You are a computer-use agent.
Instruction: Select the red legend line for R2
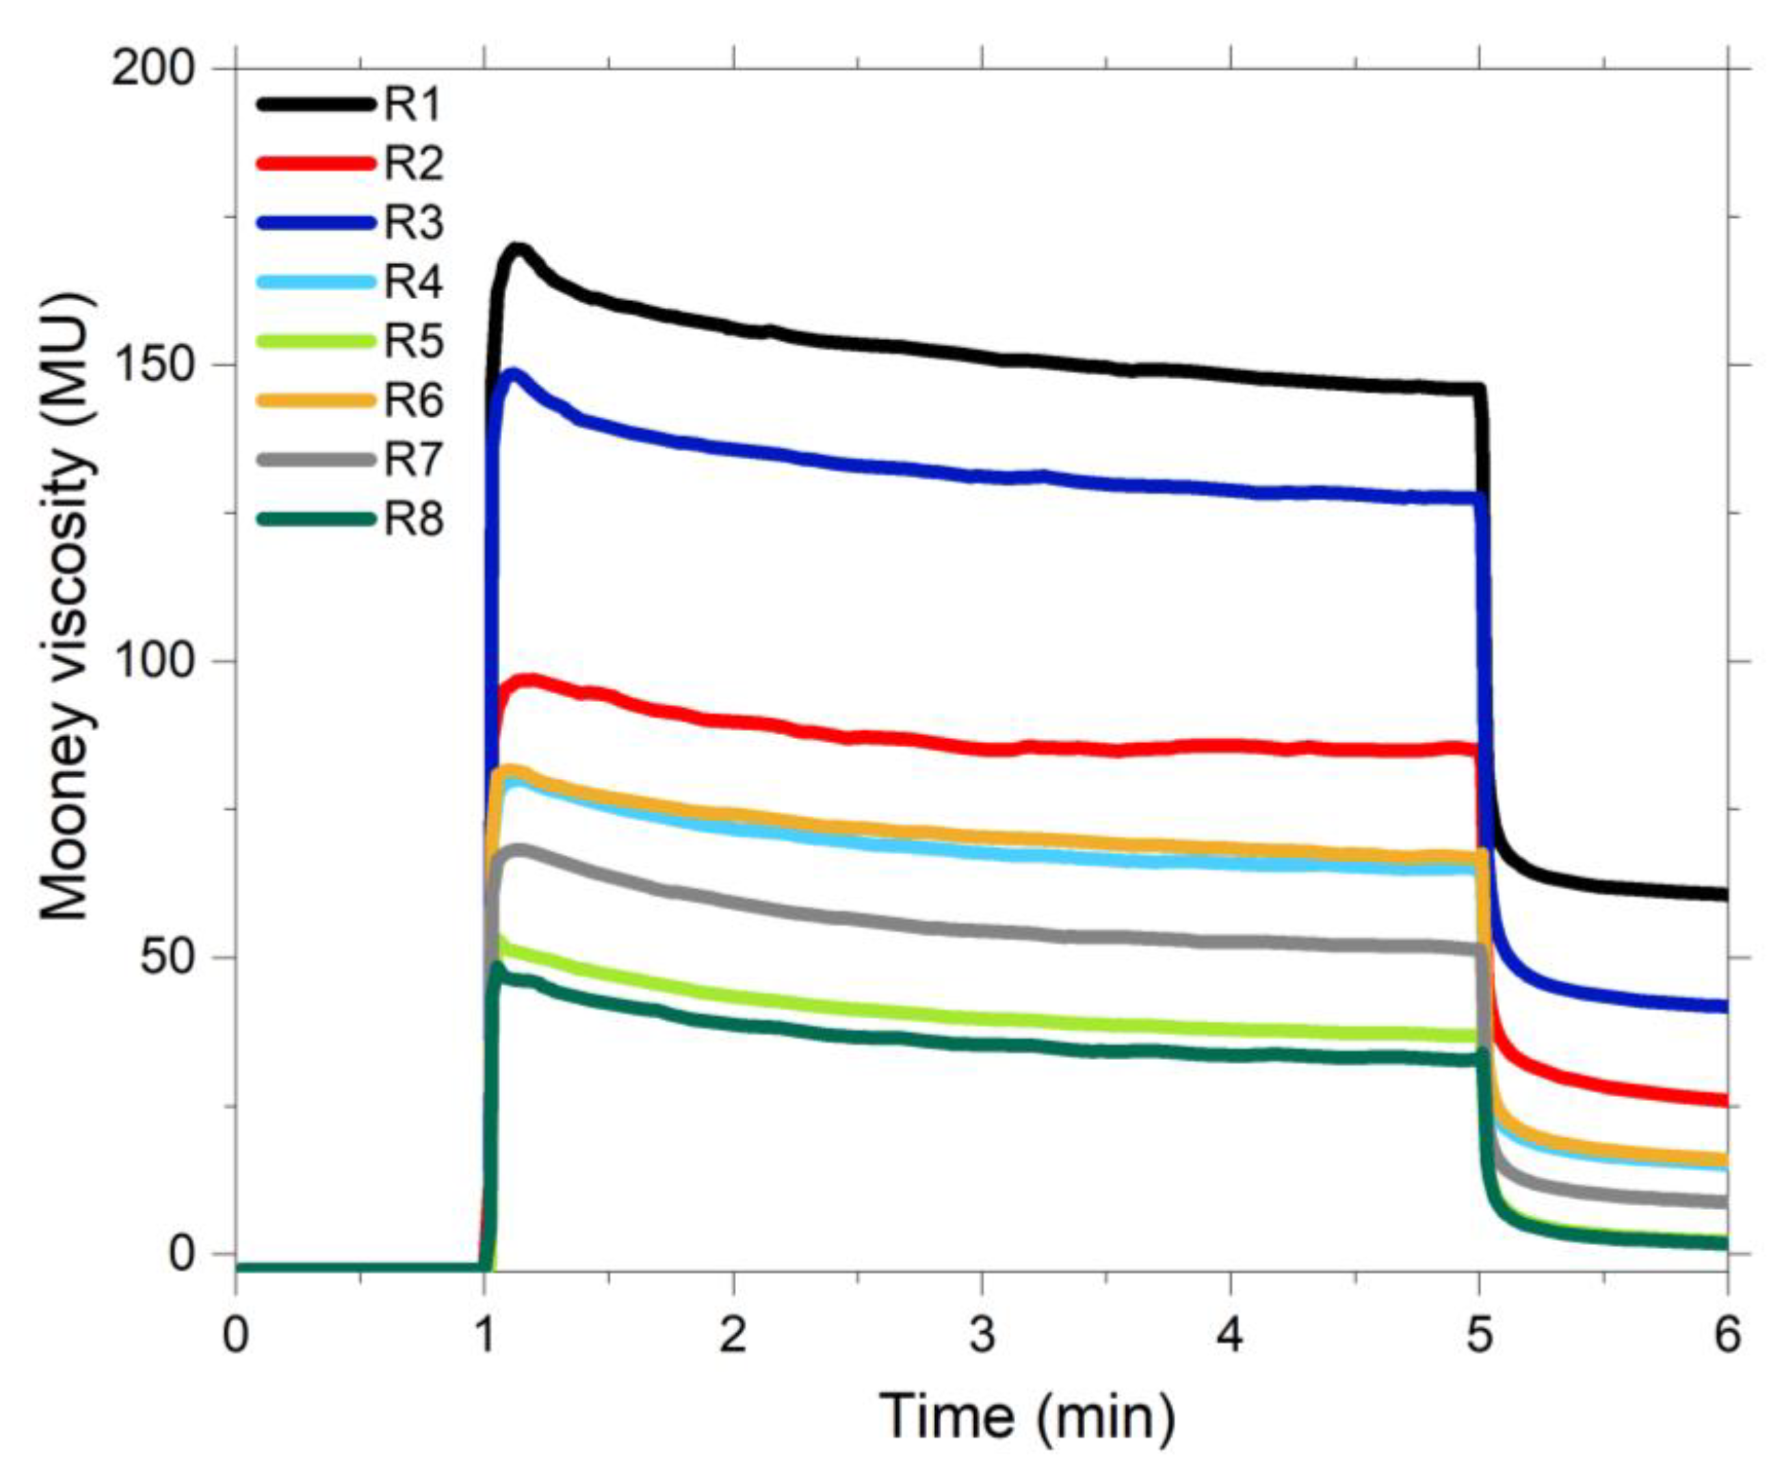pos(315,164)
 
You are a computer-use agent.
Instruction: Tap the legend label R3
pos(413,222)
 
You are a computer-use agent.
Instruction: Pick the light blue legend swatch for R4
pos(315,282)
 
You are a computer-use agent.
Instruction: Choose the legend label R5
pos(413,342)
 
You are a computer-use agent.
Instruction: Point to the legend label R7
pos(413,459)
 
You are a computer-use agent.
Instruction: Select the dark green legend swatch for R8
pos(315,519)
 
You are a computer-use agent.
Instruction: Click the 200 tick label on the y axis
pos(154,68)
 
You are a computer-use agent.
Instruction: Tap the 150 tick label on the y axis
pos(154,365)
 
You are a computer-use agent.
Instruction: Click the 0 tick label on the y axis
pos(180,1253)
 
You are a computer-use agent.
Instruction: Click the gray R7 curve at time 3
pos(982,931)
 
